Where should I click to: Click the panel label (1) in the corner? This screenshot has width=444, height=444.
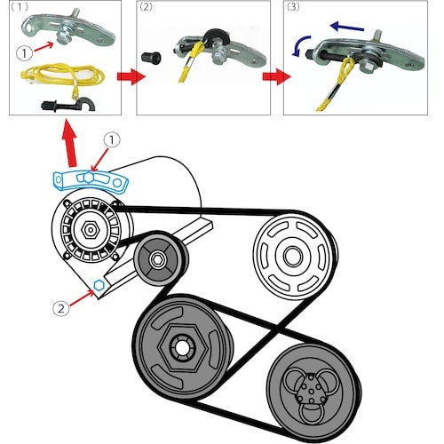20,7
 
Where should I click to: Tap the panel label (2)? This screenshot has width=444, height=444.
146,7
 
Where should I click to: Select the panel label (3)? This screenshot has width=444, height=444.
293,7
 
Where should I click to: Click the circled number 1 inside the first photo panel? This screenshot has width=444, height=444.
24,53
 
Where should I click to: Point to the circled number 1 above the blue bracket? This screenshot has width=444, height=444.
112,140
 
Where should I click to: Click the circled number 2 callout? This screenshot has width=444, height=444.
60,308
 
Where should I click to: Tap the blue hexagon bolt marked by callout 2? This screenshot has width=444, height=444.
99,285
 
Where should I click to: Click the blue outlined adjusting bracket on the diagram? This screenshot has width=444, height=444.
91,180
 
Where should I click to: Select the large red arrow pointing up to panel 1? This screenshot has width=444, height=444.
70,143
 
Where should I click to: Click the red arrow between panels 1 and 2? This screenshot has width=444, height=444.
131,76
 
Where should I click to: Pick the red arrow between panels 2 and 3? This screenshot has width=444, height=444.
276,76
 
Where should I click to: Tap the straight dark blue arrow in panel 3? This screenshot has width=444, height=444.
347,28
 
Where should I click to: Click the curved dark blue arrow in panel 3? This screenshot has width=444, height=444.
299,44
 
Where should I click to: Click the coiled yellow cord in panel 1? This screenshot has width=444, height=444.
62,75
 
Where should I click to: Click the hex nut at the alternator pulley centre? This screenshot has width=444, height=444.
91,229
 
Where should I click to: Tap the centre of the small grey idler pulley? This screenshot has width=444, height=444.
156,259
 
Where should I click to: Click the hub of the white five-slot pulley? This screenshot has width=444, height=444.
293,256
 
